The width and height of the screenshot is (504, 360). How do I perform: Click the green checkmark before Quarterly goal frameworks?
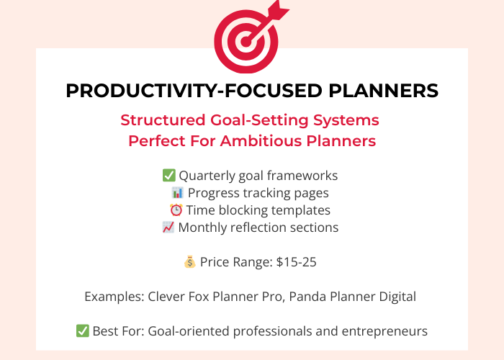click(169, 176)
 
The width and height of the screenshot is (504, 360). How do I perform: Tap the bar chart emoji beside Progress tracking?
click(177, 193)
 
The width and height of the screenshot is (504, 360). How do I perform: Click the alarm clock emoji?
click(176, 210)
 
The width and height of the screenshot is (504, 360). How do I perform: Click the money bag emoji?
click(189, 262)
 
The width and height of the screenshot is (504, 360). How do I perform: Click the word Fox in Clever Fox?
click(195, 297)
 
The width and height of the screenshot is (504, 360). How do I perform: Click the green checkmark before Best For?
click(83, 331)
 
